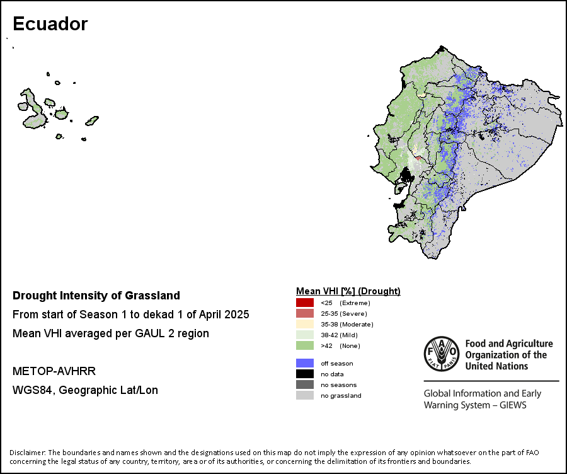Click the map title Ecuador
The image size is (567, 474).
tap(50, 24)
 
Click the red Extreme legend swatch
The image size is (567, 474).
tap(305, 303)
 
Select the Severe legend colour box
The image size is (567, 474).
tap(305, 313)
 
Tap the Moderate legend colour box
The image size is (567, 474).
tap(305, 324)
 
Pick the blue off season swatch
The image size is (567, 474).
tap(305, 363)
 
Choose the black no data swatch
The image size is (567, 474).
tap(305, 374)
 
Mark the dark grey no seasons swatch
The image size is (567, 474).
tap(305, 384)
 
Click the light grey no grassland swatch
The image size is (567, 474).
tap(305, 395)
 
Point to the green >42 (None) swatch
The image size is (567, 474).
tap(305, 345)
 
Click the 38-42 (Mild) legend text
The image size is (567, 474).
tap(339, 335)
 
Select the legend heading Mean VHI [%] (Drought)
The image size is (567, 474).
tap(348, 291)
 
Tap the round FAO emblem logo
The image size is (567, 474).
tap(442, 354)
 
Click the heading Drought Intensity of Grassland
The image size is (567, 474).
tap(96, 296)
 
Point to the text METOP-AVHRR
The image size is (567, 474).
tap(54, 371)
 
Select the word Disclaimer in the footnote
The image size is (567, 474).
tap(27, 453)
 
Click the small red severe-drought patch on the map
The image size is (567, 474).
tap(418, 158)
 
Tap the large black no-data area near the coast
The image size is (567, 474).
tap(406, 176)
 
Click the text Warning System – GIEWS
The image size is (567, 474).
tap(475, 405)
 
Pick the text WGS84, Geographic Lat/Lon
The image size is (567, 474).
tap(85, 390)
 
